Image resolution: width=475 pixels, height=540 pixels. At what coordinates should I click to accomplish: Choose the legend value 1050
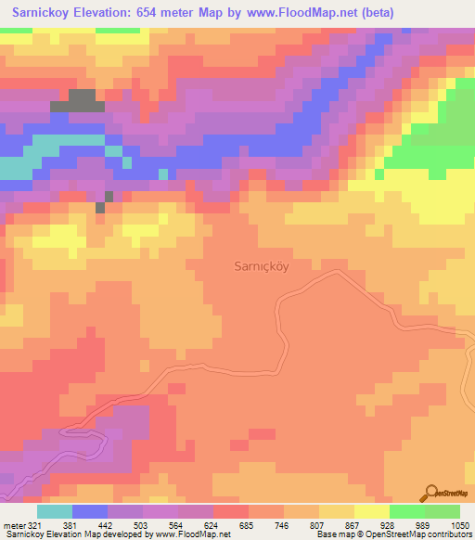[x=459, y=524]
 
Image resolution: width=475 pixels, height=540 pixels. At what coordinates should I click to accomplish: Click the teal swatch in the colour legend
[x=55, y=511]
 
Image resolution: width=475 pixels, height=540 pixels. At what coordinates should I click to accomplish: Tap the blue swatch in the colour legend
[x=90, y=511]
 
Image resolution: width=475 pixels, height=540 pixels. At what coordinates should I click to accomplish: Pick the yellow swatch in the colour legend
[x=371, y=511]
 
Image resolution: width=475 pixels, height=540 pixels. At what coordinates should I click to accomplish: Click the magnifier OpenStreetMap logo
[x=430, y=493]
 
